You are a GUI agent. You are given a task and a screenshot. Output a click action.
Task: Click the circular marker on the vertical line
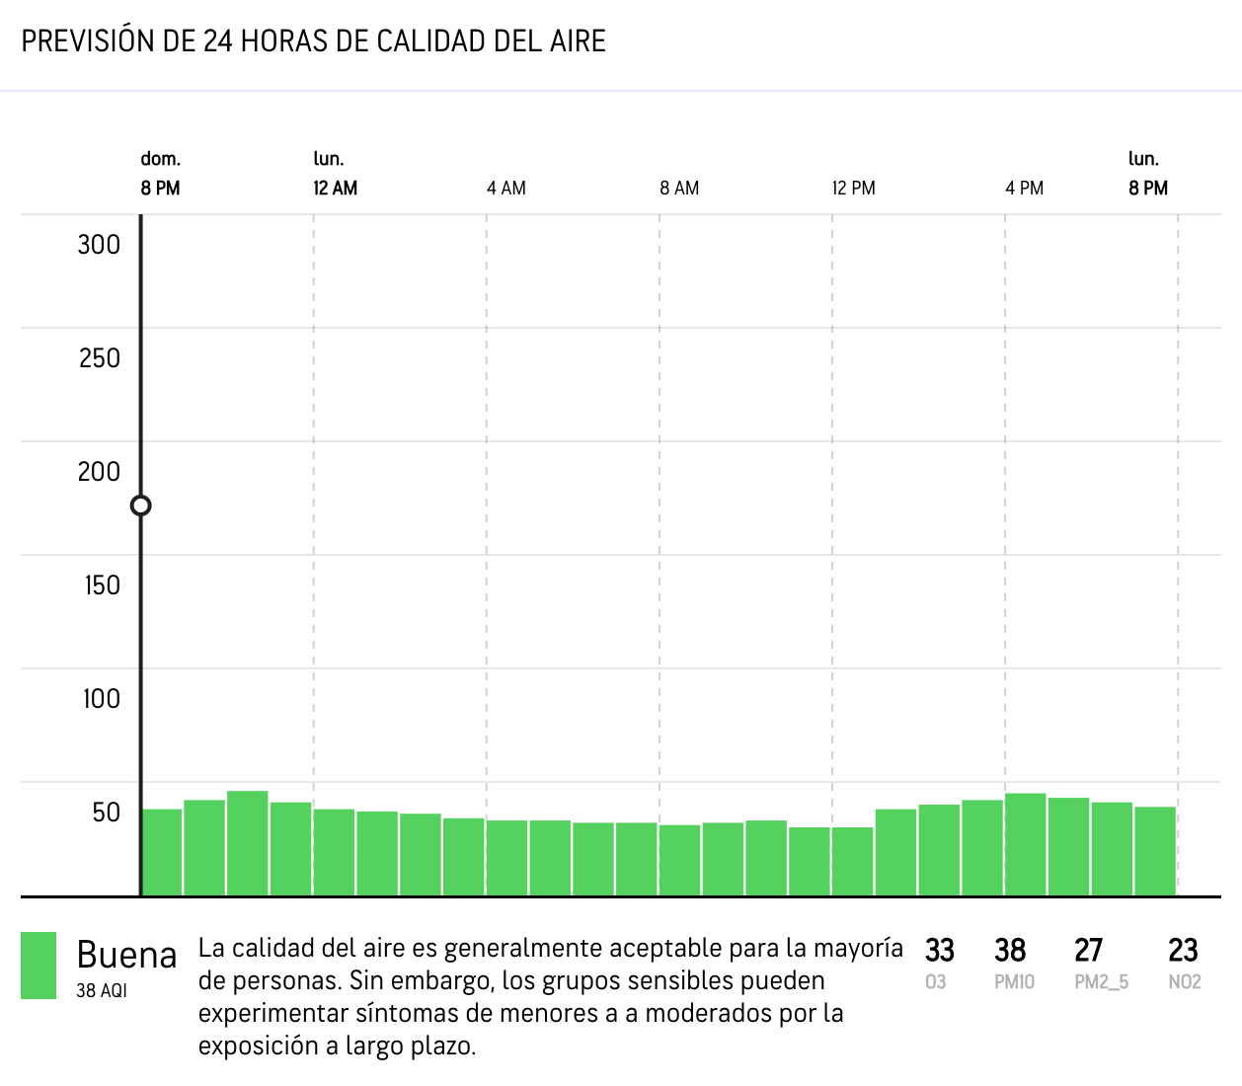click(x=141, y=505)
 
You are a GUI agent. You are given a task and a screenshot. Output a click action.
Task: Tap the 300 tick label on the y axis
click(x=99, y=245)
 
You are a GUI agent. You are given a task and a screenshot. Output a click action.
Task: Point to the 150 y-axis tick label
click(x=102, y=585)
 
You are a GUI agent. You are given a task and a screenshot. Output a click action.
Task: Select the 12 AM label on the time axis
click(x=335, y=189)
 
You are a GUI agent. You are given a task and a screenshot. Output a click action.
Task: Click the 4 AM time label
click(x=506, y=189)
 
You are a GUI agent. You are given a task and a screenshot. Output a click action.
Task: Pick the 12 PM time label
click(x=853, y=189)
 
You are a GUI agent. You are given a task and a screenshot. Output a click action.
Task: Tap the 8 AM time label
click(x=679, y=189)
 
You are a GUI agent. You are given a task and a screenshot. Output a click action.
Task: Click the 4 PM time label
click(x=1025, y=189)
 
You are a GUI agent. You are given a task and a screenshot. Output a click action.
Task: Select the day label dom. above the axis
click(x=160, y=159)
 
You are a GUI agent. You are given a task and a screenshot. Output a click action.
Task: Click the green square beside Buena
click(x=39, y=966)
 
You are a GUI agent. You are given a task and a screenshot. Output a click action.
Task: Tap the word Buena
click(x=126, y=955)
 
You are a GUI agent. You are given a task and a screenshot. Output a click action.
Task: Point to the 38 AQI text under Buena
click(x=102, y=990)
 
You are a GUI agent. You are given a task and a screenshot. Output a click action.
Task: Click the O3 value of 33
click(x=939, y=951)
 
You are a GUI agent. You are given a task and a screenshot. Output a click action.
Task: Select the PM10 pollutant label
click(x=1014, y=982)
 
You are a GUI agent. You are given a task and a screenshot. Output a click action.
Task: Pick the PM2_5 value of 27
click(x=1088, y=951)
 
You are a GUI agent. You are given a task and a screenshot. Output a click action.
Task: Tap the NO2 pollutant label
click(x=1185, y=982)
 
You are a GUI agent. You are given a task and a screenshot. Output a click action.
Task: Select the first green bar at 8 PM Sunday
click(x=162, y=852)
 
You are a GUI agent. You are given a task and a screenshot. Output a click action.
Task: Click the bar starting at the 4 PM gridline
click(x=1026, y=845)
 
